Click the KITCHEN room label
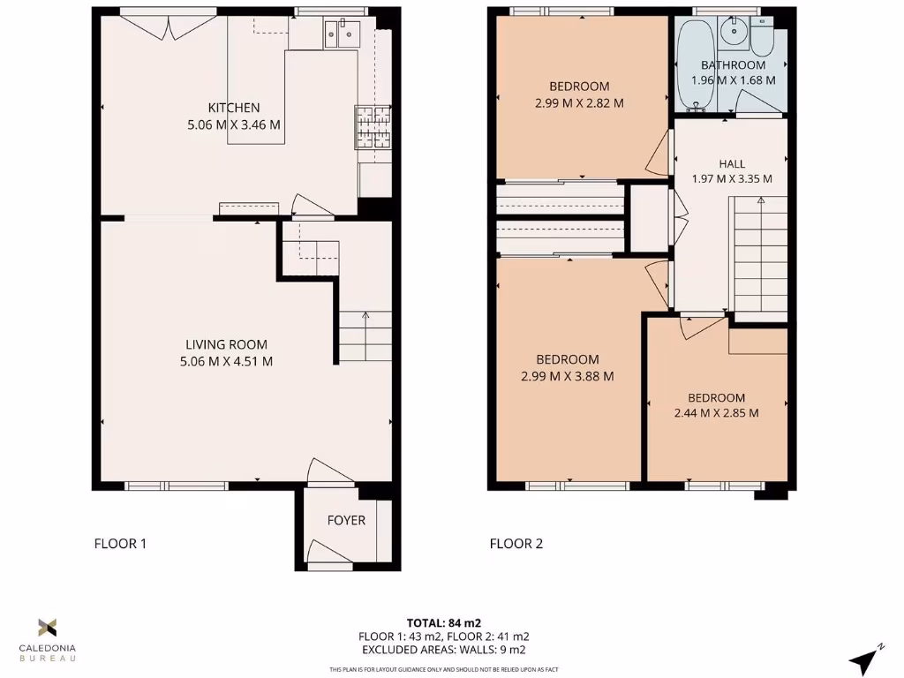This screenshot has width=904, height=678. pyautogui.click(x=234, y=108)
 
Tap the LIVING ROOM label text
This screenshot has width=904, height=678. pyautogui.click(x=226, y=344)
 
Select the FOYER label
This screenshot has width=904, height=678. pyautogui.click(x=346, y=520)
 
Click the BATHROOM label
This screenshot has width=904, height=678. pyautogui.click(x=733, y=65)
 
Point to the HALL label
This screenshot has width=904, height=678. pyautogui.click(x=732, y=163)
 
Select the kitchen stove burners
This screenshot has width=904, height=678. pyautogui.click(x=373, y=126)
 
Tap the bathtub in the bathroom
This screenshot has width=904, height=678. pyautogui.click(x=697, y=62)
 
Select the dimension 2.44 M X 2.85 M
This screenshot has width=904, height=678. pyautogui.click(x=717, y=412)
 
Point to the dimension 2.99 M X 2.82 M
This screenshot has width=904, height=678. pyautogui.click(x=579, y=102)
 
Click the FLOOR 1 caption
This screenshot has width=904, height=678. pyautogui.click(x=120, y=544)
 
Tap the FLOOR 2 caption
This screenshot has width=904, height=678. pyautogui.click(x=516, y=544)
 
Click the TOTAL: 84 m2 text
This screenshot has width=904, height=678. pyautogui.click(x=444, y=622)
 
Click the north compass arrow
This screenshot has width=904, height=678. pyautogui.click(x=865, y=660)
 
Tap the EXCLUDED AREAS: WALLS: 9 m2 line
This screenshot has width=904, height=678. pyautogui.click(x=444, y=650)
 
